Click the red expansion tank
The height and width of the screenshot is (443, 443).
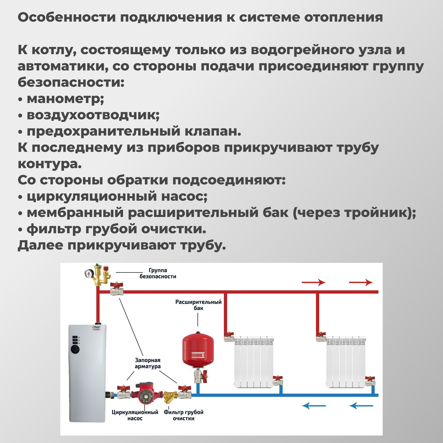click(198, 349)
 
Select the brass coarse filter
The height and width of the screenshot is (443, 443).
click(170, 396)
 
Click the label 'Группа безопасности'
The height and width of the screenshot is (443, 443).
click(158, 273)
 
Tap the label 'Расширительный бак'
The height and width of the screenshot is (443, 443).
click(198, 305)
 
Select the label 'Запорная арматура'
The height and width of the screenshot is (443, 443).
click(148, 363)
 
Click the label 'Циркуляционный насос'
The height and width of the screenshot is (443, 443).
click(135, 415)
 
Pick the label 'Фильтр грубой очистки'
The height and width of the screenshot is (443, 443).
click(184, 415)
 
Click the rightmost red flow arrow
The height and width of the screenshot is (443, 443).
click(361, 282)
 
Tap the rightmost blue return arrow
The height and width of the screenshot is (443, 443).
click(361, 406)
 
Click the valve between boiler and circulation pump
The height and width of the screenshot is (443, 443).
click(124, 392)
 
